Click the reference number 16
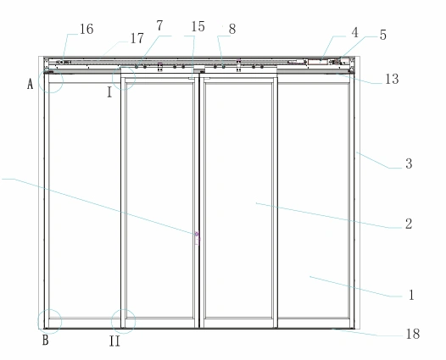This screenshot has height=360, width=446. [86, 29]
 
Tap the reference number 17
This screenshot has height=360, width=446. [137, 38]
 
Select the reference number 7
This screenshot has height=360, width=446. [160, 26]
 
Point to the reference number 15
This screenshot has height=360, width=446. [198, 27]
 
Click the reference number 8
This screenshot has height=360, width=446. [232, 29]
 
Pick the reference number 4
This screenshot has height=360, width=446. [354, 33]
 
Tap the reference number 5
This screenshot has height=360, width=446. [383, 35]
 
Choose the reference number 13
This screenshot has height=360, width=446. [392, 79]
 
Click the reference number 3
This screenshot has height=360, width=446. [409, 163]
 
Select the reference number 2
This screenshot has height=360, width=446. [409, 224]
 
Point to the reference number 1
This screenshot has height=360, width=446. [411, 295]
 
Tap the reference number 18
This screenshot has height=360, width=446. [413, 334]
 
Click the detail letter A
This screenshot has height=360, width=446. [31, 84]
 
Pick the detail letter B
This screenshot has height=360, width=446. [46, 341]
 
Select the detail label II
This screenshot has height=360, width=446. [114, 341]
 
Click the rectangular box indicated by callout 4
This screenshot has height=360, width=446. [318, 62]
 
